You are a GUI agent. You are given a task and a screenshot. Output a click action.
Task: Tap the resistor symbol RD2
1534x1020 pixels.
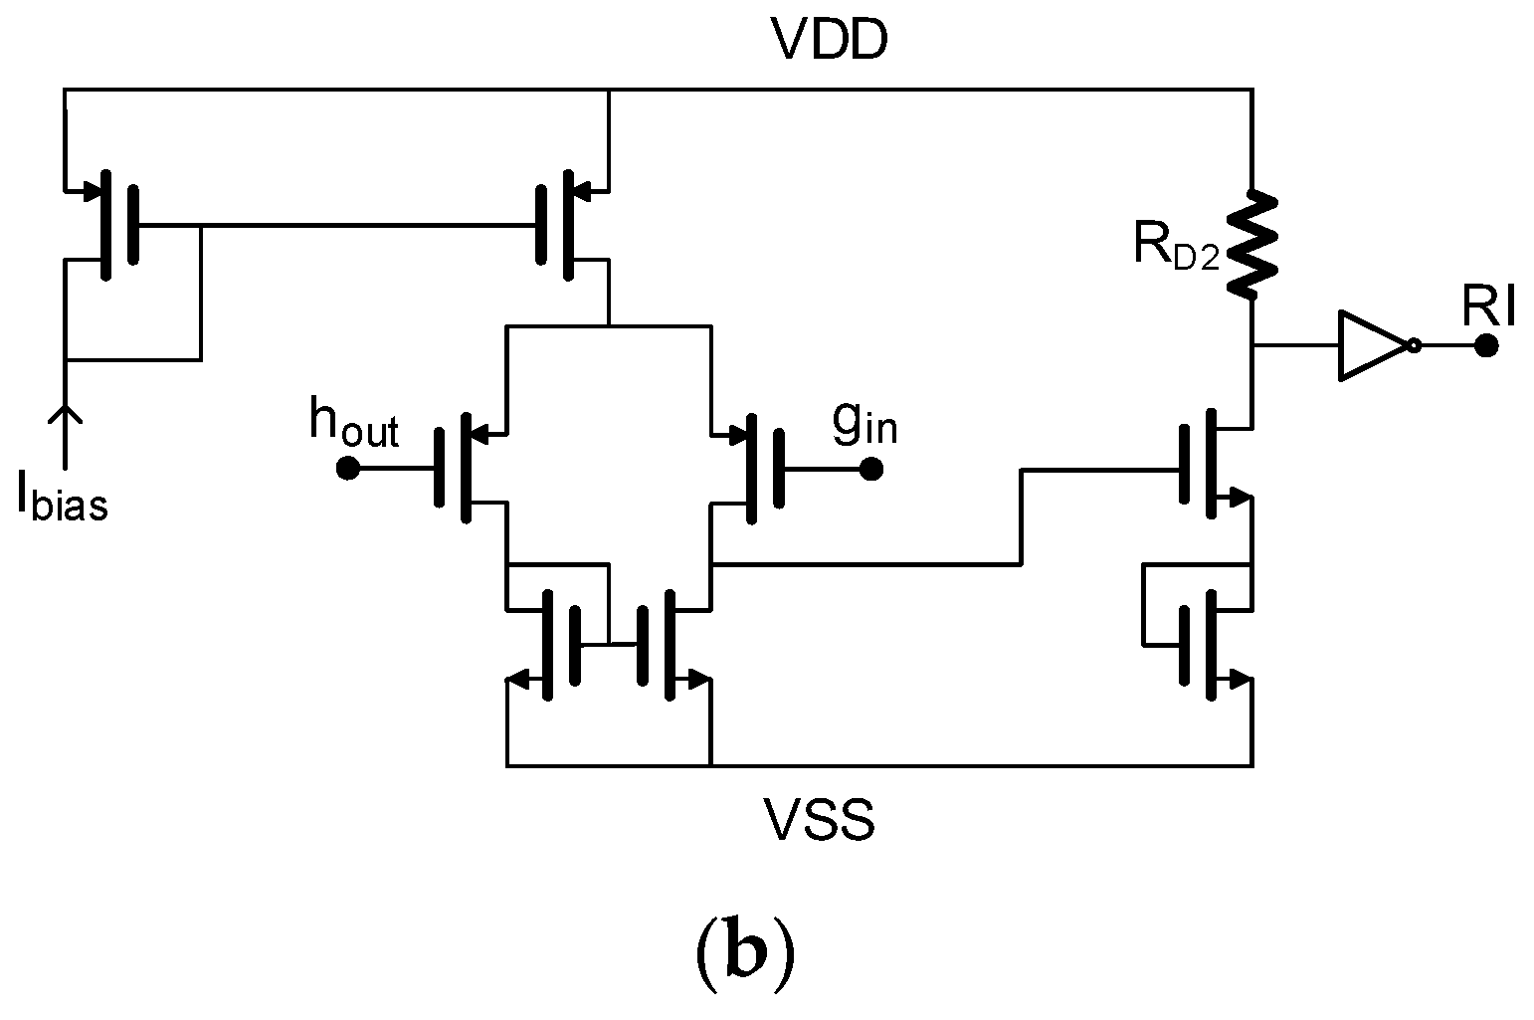tap(1251, 245)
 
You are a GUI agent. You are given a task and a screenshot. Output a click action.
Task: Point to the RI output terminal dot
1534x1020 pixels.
tap(1485, 346)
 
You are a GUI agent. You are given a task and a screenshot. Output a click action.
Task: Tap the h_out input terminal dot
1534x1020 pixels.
tap(348, 468)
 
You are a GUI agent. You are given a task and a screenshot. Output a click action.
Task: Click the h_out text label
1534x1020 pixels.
tap(353, 423)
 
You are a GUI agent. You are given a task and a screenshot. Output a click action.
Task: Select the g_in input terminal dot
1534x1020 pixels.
tap(870, 468)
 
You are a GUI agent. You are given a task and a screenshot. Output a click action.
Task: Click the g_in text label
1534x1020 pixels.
tap(864, 424)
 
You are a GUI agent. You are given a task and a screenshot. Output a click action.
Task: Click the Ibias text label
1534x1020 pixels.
tap(62, 499)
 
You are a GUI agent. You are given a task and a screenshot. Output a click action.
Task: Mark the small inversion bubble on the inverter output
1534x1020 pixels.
tap(1414, 346)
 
